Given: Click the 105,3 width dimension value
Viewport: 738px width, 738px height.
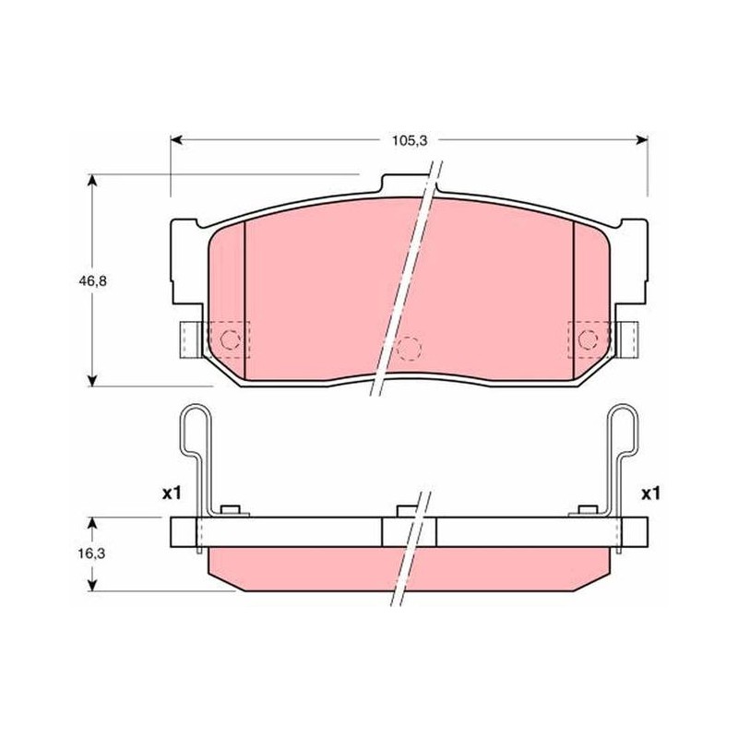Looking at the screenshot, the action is coord(410,140).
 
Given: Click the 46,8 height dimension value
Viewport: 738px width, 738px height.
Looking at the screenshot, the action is coord(92,281).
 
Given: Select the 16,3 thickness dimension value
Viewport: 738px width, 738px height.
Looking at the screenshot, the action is coord(91,554).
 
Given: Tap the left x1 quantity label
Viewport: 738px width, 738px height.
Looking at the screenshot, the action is coord(172,494).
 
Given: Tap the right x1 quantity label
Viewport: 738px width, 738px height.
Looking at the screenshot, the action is coord(651,494).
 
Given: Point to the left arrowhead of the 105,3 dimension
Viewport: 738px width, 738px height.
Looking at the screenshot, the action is coord(176,140).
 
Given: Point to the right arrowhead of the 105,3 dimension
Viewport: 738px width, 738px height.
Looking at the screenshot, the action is coord(641,140).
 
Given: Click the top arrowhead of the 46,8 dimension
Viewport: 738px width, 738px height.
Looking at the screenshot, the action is coord(93,181).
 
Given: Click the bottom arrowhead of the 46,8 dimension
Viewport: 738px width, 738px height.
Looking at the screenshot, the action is coord(93,380).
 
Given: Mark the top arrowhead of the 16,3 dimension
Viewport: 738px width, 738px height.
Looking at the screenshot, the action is coord(93,523).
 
